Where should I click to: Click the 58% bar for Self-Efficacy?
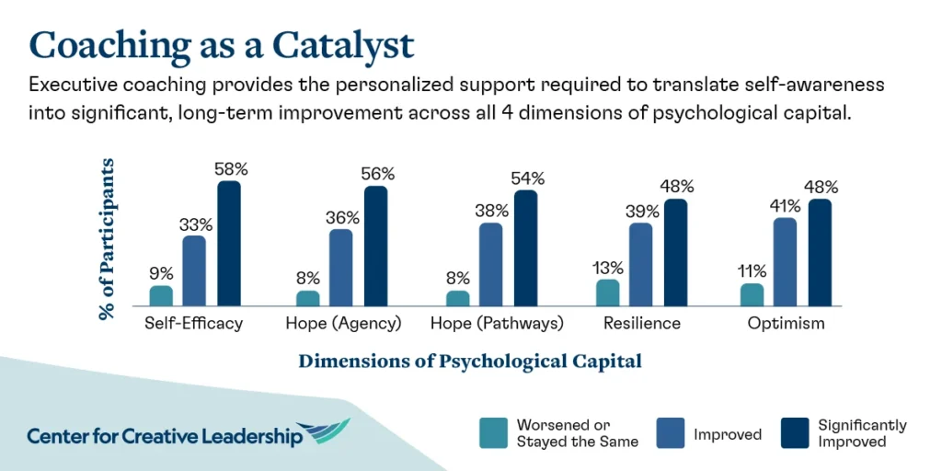(x=228, y=243)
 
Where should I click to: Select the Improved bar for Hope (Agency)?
(x=341, y=267)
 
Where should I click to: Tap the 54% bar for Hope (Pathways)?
(x=525, y=247)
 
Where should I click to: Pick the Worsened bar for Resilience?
(x=608, y=293)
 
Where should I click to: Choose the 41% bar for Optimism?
(x=786, y=261)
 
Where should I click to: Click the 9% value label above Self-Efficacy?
(x=161, y=274)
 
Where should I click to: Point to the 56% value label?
(x=377, y=174)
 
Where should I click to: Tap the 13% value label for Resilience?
(x=608, y=268)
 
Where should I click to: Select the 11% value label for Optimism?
(x=752, y=271)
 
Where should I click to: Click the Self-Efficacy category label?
(x=193, y=324)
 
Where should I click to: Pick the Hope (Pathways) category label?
(x=497, y=324)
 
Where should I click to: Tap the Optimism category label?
(x=786, y=324)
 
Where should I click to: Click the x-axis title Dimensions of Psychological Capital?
(x=469, y=361)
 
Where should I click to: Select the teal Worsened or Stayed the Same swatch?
(x=493, y=433)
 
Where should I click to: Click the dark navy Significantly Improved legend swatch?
(x=794, y=433)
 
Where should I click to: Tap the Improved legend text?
(x=728, y=433)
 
